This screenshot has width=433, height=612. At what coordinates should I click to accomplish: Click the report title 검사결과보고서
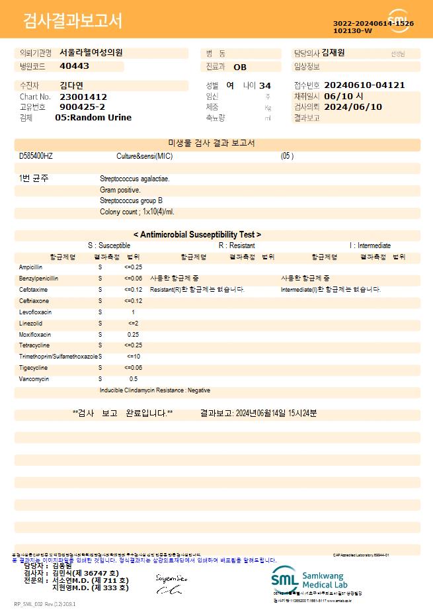pyautogui.click(x=73, y=21)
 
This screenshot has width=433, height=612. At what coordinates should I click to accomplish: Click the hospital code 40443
pyautogui.click(x=74, y=66)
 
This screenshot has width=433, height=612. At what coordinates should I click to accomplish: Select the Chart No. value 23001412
pyautogui.click(x=83, y=97)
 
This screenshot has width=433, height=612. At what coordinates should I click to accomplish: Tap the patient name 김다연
pyautogui.click(x=71, y=85)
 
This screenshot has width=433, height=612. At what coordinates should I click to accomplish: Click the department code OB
pyautogui.click(x=240, y=67)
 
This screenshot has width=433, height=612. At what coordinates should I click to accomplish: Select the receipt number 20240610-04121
pyautogui.click(x=365, y=85)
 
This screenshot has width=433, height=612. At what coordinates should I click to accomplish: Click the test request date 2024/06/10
pyautogui.click(x=354, y=107)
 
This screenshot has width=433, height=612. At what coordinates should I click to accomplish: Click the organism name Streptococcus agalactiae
pyautogui.click(x=134, y=179)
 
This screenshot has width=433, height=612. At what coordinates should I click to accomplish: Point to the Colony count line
pyautogui.click(x=137, y=212)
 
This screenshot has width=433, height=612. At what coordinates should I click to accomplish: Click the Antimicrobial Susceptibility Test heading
pyautogui.click(x=197, y=234)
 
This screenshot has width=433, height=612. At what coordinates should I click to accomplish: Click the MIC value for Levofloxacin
pyautogui.click(x=133, y=312)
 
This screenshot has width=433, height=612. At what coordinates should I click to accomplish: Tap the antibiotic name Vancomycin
pyautogui.click(x=34, y=379)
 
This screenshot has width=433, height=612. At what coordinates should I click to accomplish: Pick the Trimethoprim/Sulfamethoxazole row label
pyautogui.click(x=58, y=357)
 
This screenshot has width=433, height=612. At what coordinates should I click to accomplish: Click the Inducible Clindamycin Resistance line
pyautogui.click(x=155, y=390)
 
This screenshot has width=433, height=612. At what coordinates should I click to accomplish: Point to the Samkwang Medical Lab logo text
pyautogui.click(x=327, y=580)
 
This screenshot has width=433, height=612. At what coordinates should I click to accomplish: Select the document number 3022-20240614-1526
pyautogui.click(x=373, y=23)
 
